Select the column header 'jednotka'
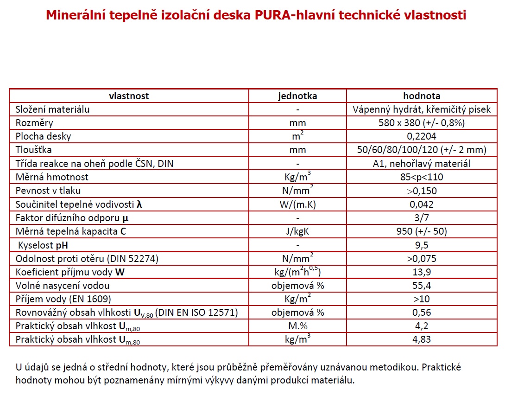pos(297,96)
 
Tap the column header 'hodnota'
pos(421,96)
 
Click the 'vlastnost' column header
pos(129,96)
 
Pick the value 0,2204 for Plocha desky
pos(421,136)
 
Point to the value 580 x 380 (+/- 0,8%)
pos(421,123)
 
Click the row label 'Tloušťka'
pos(33,150)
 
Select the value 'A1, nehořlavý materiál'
pos(421,163)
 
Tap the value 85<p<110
pos(421,177)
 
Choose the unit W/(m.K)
pos(297,204)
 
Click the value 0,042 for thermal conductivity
pos(421,204)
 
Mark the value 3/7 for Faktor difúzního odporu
pos(421,217)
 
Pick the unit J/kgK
pos(297,231)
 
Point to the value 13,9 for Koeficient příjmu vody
pos(421,272)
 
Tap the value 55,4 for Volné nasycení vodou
pos(421,286)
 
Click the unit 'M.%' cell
pos(297,326)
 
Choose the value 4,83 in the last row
pos(421,339)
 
